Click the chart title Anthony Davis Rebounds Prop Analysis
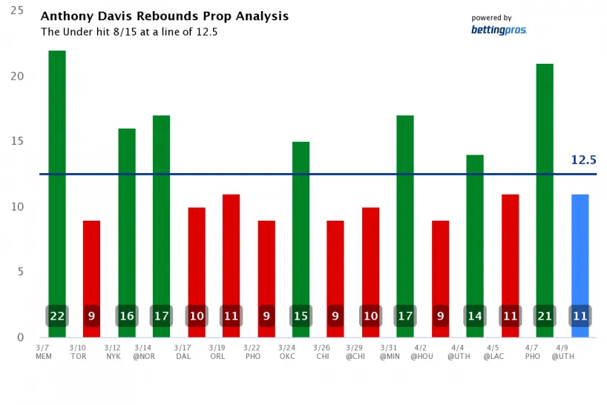[x=164, y=16]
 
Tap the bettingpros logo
[x=498, y=30]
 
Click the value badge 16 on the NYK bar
[x=127, y=316]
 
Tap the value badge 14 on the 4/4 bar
[x=475, y=316]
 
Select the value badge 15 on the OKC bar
[x=301, y=316]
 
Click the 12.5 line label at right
[x=583, y=160]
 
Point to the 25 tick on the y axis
[x=17, y=11]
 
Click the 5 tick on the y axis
[x=20, y=272]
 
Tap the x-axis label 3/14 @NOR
[x=144, y=351]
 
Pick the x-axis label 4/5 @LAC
[x=493, y=351]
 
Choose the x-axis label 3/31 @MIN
[x=389, y=351]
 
